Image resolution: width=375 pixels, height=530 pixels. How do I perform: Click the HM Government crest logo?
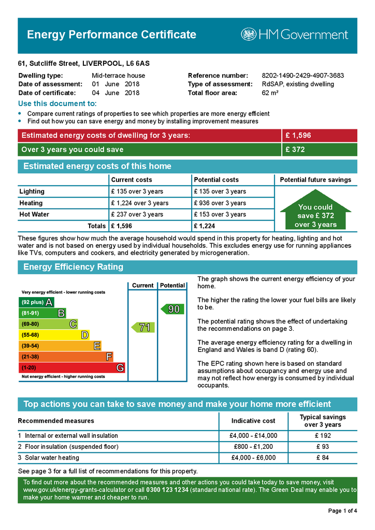(249, 35)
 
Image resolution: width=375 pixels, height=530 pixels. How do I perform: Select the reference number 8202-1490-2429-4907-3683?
(302, 76)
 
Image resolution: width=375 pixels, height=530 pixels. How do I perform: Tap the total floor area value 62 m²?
(270, 93)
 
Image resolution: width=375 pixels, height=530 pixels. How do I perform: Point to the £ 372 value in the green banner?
(295, 150)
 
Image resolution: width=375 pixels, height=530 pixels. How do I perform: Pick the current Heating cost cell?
(139, 203)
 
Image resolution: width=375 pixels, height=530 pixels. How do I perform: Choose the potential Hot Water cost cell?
(220, 214)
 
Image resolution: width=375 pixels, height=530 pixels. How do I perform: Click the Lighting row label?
(32, 192)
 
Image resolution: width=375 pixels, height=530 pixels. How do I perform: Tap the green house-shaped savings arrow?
(315, 212)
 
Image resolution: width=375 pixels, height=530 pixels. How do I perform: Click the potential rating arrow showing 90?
(171, 309)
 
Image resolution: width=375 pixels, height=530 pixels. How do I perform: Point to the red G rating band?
(72, 367)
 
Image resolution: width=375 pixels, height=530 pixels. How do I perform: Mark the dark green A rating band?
(36, 302)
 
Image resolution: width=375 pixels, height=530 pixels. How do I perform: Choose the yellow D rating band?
(54, 335)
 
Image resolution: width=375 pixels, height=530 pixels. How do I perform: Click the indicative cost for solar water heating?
(253, 458)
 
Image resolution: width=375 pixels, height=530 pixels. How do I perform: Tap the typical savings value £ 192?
(323, 435)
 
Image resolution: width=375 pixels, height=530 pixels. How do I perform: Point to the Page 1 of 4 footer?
(342, 511)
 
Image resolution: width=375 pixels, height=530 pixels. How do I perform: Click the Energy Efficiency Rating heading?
(74, 267)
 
